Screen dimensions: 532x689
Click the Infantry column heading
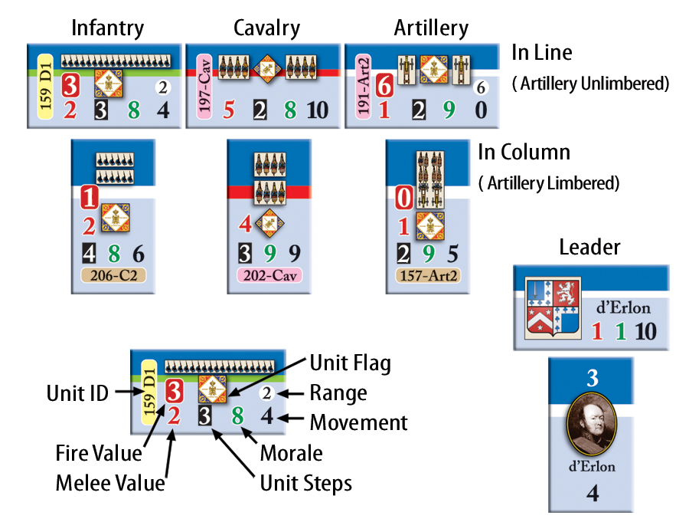(107, 28)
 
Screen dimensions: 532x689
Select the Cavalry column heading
(266, 28)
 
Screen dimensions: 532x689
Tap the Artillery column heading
(430, 28)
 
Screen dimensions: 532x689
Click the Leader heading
(589, 246)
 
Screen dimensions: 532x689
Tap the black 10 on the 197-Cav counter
(317, 110)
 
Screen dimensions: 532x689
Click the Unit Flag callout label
(349, 363)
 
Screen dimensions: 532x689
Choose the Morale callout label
(291, 452)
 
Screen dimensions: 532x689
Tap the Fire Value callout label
(99, 453)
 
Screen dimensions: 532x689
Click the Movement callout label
(358, 422)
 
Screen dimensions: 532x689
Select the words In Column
(524, 152)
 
